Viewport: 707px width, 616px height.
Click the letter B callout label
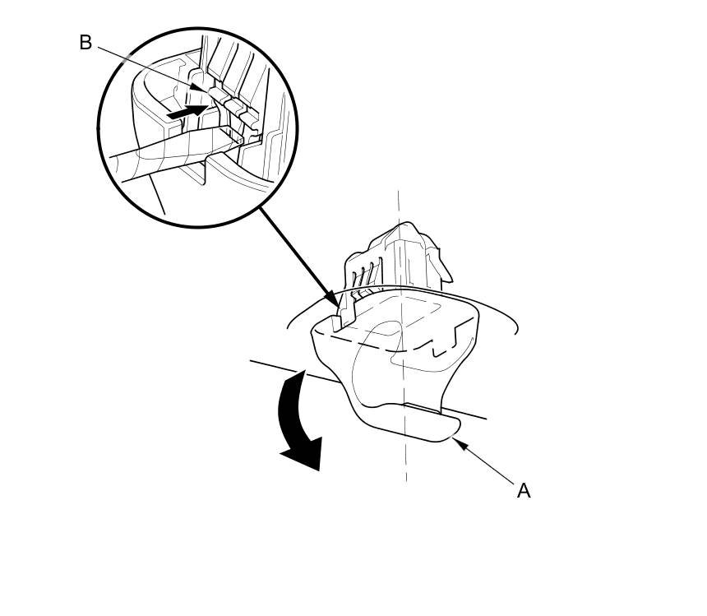pyautogui.click(x=85, y=43)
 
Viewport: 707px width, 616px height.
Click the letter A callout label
pyautogui.click(x=524, y=491)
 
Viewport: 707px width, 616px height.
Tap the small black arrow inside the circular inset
pyautogui.click(x=186, y=111)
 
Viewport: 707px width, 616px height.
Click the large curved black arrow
pyautogui.click(x=298, y=419)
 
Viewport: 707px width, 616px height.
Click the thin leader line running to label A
pyautogui.click(x=489, y=466)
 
